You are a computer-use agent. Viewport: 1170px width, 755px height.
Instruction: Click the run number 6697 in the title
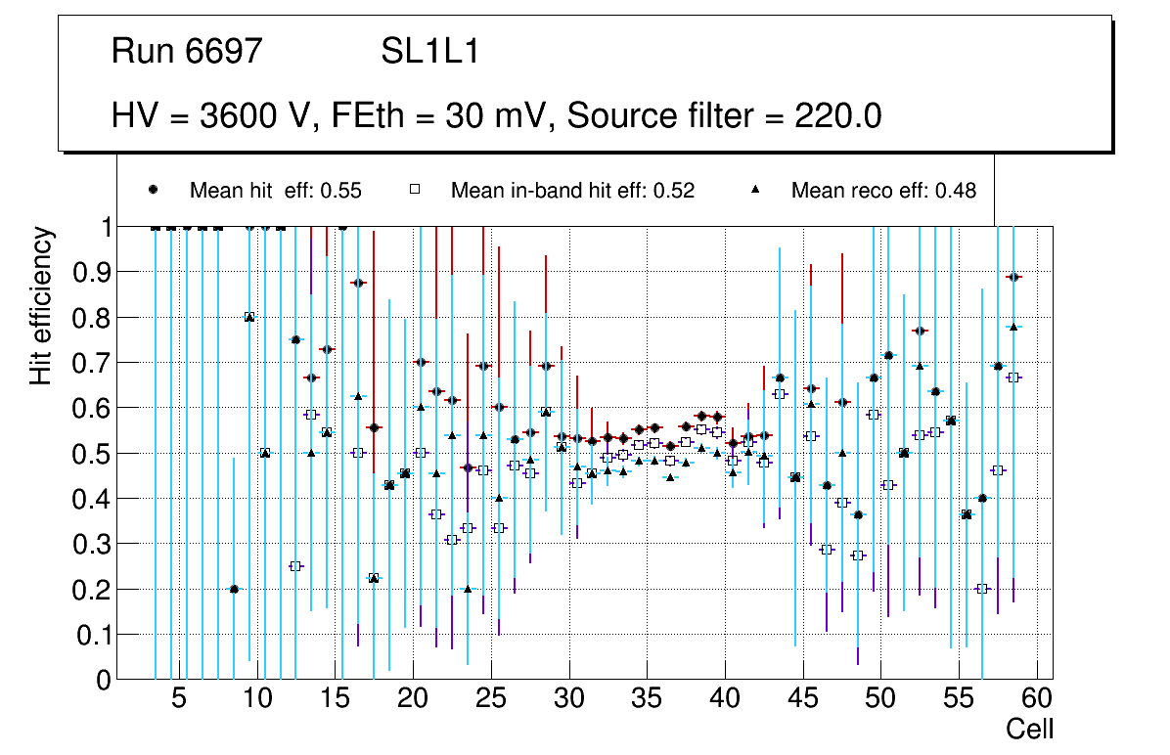[x=224, y=52]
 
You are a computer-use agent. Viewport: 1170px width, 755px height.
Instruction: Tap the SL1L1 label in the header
[x=430, y=52]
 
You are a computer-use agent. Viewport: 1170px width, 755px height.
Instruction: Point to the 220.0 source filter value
[x=834, y=116]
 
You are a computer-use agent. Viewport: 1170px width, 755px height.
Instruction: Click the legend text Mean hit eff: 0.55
[x=275, y=191]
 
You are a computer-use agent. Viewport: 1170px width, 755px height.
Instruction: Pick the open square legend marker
[x=415, y=190]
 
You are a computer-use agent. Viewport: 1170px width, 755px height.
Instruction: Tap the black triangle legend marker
[x=754, y=190]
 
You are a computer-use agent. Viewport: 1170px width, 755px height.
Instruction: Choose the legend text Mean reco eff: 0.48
[x=883, y=191]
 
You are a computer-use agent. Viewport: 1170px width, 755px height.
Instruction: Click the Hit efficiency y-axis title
[x=41, y=305]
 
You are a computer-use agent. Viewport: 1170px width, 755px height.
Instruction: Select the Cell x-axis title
[x=1030, y=729]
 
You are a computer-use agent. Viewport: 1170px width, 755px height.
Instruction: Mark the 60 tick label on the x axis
[x=1037, y=700]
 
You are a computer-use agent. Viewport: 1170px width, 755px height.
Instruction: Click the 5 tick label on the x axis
[x=179, y=700]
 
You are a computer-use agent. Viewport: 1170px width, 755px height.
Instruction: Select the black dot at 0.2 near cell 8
[x=234, y=589]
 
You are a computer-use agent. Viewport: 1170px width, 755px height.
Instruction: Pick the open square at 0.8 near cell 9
[x=249, y=317]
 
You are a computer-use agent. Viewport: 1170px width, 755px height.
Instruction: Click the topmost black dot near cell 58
[x=1013, y=277]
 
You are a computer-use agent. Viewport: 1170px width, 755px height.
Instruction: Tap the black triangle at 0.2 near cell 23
[x=468, y=589]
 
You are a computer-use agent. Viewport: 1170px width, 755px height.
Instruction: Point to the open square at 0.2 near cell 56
[x=982, y=589]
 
